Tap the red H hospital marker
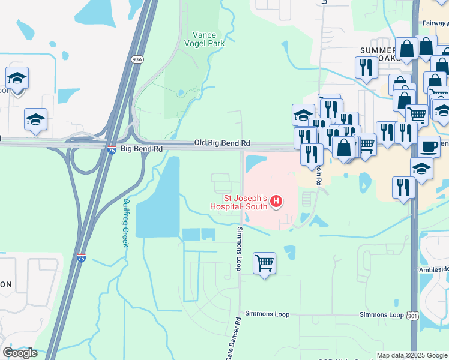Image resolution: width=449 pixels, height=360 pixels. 276,201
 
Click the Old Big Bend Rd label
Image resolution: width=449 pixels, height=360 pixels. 221,143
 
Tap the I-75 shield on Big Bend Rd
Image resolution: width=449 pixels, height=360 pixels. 112,147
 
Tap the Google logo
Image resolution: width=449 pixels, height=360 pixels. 20,353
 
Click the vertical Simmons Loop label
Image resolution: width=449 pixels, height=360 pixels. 239,248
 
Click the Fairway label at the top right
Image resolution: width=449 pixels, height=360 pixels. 434,23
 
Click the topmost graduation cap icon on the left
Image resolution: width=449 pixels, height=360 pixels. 17,78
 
